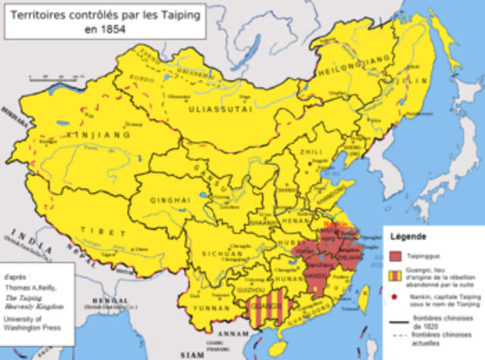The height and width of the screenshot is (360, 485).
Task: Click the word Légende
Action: coord(410,237)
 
